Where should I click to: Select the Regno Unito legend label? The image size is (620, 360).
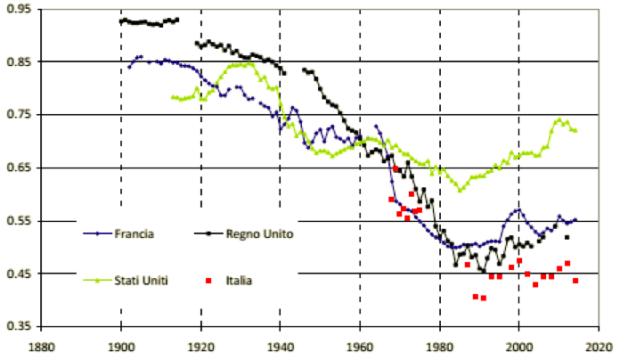(259, 233)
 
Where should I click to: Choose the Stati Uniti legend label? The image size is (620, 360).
(141, 281)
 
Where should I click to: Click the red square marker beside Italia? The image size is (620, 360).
(208, 281)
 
